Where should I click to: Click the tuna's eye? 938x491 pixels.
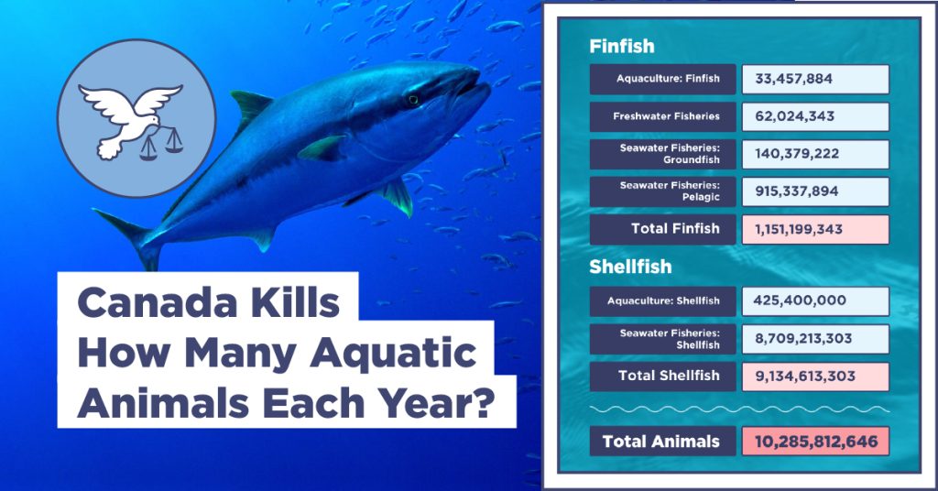tap(413, 100)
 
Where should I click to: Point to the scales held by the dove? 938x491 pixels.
tap(161, 145)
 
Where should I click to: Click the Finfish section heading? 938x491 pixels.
tap(622, 46)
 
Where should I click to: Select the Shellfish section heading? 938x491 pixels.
tap(630, 267)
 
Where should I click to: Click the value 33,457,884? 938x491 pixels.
tap(793, 79)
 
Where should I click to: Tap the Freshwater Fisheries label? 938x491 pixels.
tap(666, 116)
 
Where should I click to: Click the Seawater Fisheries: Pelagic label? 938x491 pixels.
tap(670, 191)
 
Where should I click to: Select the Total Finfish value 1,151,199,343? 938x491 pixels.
tap(798, 229)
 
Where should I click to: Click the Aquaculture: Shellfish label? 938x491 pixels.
tap(663, 300)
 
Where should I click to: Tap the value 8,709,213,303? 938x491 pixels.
tap(802, 339)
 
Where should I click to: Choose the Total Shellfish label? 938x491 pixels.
tap(669, 376)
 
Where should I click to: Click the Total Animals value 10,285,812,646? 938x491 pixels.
tap(816, 442)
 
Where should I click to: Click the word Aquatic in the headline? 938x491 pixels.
tap(393, 354)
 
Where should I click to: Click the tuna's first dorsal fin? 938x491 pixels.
tap(250, 106)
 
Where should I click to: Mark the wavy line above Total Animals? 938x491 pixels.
tap(739, 409)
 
